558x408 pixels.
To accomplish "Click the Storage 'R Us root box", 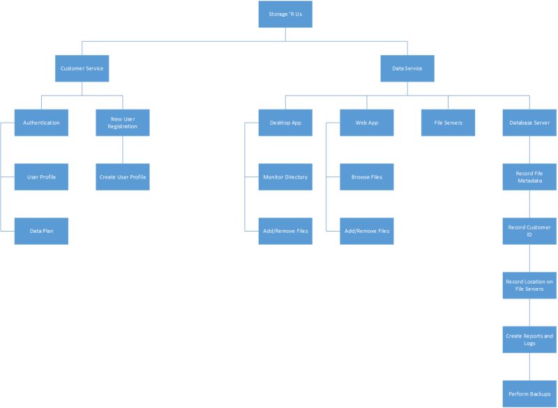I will point(285,14).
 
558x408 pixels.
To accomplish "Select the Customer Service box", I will point(82,68).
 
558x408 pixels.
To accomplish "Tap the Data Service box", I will point(407,68).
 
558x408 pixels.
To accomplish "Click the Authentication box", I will point(41,123).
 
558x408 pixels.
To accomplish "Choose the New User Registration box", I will point(123,123).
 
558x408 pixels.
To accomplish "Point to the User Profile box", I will point(41,177).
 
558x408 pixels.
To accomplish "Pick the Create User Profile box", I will point(123,177).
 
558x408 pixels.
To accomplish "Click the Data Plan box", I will point(41,231).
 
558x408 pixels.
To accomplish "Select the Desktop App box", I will point(285,123).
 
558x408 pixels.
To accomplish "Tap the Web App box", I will point(367,123).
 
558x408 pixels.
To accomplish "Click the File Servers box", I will point(448,123).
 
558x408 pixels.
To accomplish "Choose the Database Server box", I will point(529,123).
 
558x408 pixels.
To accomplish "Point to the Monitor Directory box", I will point(285,177).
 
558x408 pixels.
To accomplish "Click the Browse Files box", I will point(367,177).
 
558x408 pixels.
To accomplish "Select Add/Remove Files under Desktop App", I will point(285,231).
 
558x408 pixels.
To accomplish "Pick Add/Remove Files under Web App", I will point(367,231).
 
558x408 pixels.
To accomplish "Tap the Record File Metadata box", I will point(529,177).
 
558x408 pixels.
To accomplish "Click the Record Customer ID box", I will point(529,231).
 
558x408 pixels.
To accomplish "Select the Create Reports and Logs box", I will point(529,340).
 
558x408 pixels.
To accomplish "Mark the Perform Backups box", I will point(529,394).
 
